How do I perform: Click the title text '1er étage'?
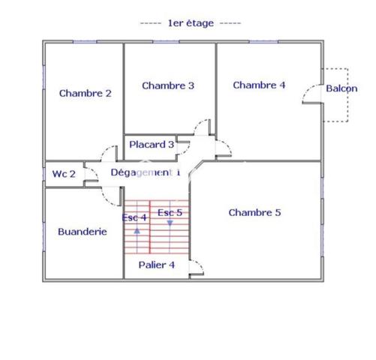coord(191,23)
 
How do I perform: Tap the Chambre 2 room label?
coord(85,93)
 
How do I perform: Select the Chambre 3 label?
coord(168,85)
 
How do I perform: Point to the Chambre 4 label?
coord(259,85)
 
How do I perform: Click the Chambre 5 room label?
coord(254,212)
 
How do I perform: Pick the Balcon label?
coord(341,88)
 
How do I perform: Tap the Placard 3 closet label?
coord(152,144)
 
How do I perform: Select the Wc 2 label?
coord(64,174)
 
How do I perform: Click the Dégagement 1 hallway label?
coord(146,172)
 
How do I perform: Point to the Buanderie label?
coord(83,232)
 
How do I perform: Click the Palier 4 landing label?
coord(157,265)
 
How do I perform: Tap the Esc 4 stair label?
coord(134,217)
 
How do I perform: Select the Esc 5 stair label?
coord(170,212)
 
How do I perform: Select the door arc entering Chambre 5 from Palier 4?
coord(200,264)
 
